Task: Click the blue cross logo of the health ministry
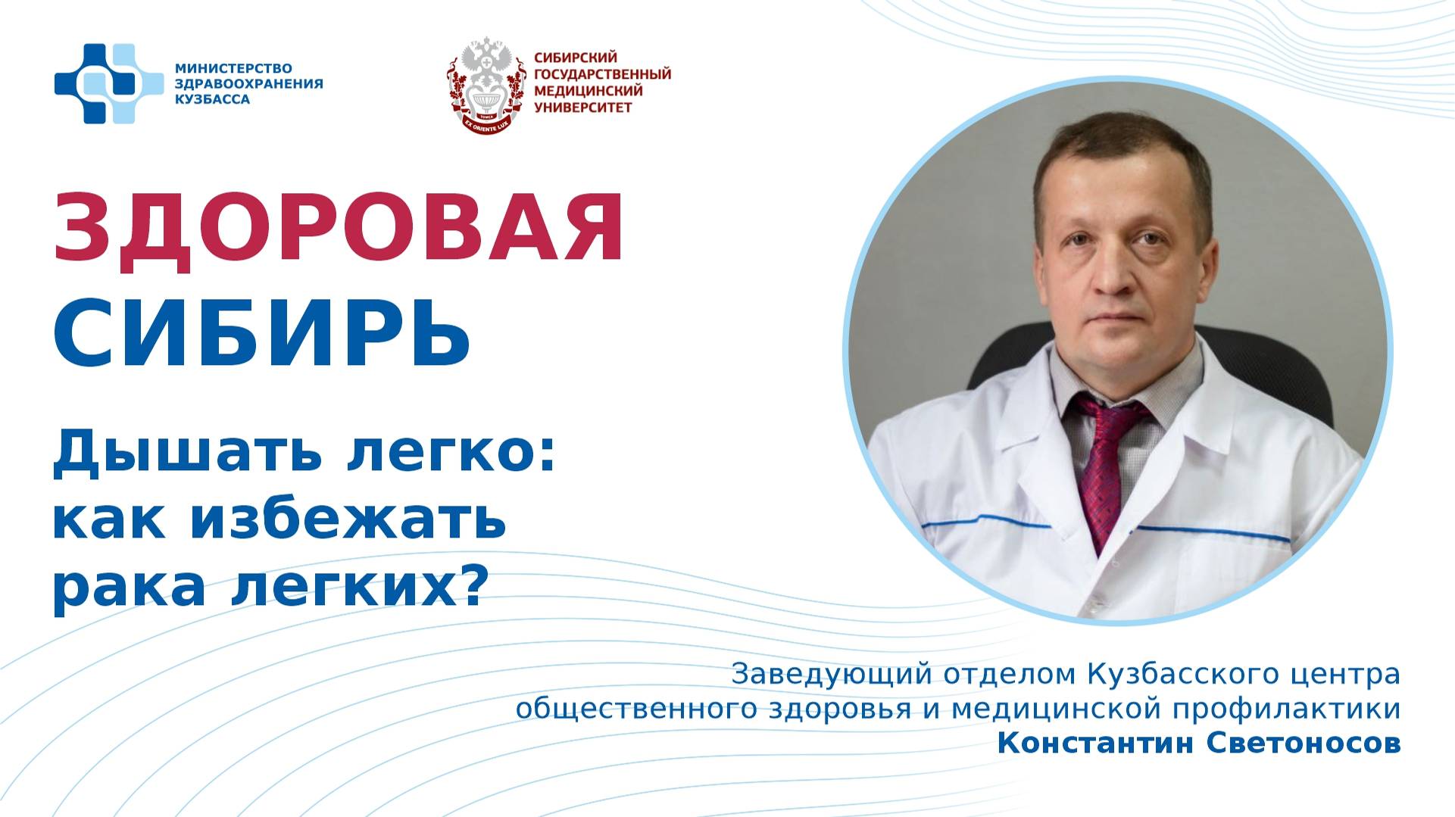[108, 83]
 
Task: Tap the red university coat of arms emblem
[486, 85]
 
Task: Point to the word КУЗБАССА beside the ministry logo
[212, 99]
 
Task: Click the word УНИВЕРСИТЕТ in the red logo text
[583, 108]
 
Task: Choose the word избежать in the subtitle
[348, 520]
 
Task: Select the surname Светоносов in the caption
[1302, 744]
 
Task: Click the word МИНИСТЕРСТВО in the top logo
[233, 69]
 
